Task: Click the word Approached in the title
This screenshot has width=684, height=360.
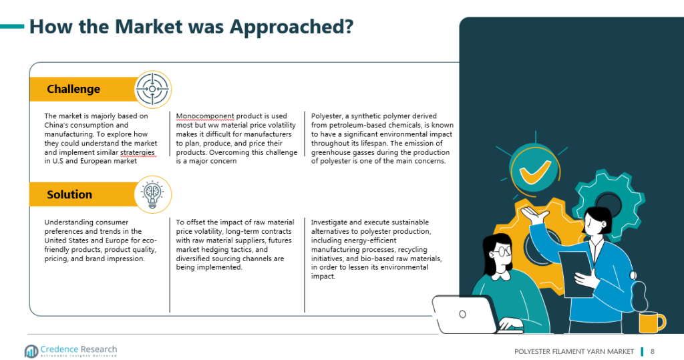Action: [291, 27]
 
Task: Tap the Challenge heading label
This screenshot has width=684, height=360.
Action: [73, 89]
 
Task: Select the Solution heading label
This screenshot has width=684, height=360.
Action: [69, 194]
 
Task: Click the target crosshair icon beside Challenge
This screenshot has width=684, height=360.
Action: [152, 89]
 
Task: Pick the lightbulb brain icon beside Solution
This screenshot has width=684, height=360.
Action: [153, 194]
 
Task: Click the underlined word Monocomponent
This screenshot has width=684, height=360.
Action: [205, 116]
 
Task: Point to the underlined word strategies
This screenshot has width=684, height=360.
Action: [138, 153]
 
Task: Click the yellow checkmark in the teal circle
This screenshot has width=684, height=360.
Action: [535, 170]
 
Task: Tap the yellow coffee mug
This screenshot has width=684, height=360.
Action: [651, 323]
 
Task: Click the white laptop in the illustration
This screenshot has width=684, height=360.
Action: [465, 314]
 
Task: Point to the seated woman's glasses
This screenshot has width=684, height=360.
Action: [502, 251]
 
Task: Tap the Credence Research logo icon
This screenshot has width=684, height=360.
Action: [31, 351]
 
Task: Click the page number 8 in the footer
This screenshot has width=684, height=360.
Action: [653, 351]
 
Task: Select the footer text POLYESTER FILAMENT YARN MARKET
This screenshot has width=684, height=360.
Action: [574, 351]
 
